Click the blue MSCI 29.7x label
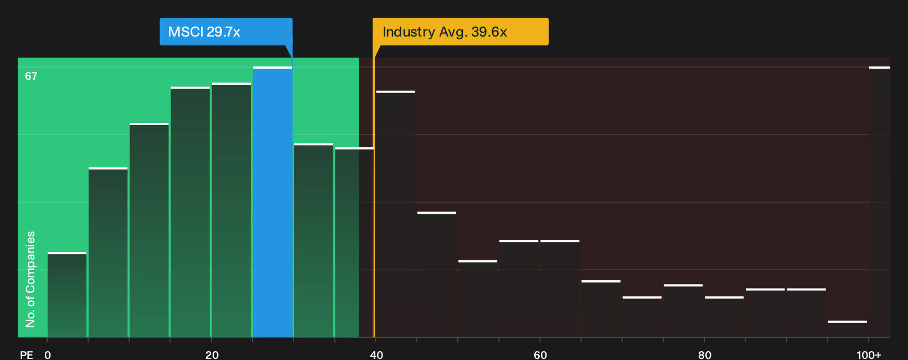(226, 32)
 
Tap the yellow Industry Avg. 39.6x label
(461, 32)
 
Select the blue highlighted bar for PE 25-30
(272, 202)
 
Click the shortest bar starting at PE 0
(67, 295)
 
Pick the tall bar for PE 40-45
(396, 214)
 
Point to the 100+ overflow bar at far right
(880, 202)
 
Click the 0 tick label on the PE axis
(48, 355)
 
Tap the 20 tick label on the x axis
(211, 355)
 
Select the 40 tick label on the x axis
(376, 355)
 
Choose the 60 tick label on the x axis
(540, 355)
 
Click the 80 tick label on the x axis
(705, 355)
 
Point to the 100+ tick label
(869, 355)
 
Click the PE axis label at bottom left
(27, 355)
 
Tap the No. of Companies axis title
(30, 279)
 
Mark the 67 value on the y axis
(31, 76)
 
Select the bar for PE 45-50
(437, 275)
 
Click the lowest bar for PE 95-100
(847, 329)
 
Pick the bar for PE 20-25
(231, 210)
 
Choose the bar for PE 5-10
(108, 252)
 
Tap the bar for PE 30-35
(313, 240)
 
